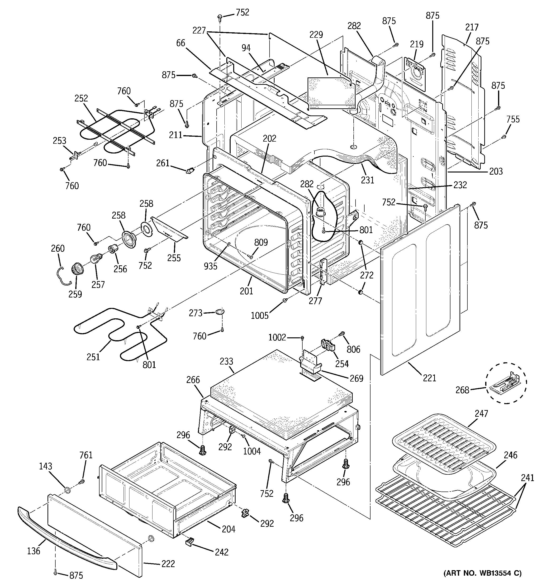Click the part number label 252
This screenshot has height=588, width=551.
click(81, 98)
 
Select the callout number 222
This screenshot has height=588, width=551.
click(168, 564)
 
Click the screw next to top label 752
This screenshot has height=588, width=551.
click(220, 17)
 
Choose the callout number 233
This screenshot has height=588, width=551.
click(226, 361)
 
